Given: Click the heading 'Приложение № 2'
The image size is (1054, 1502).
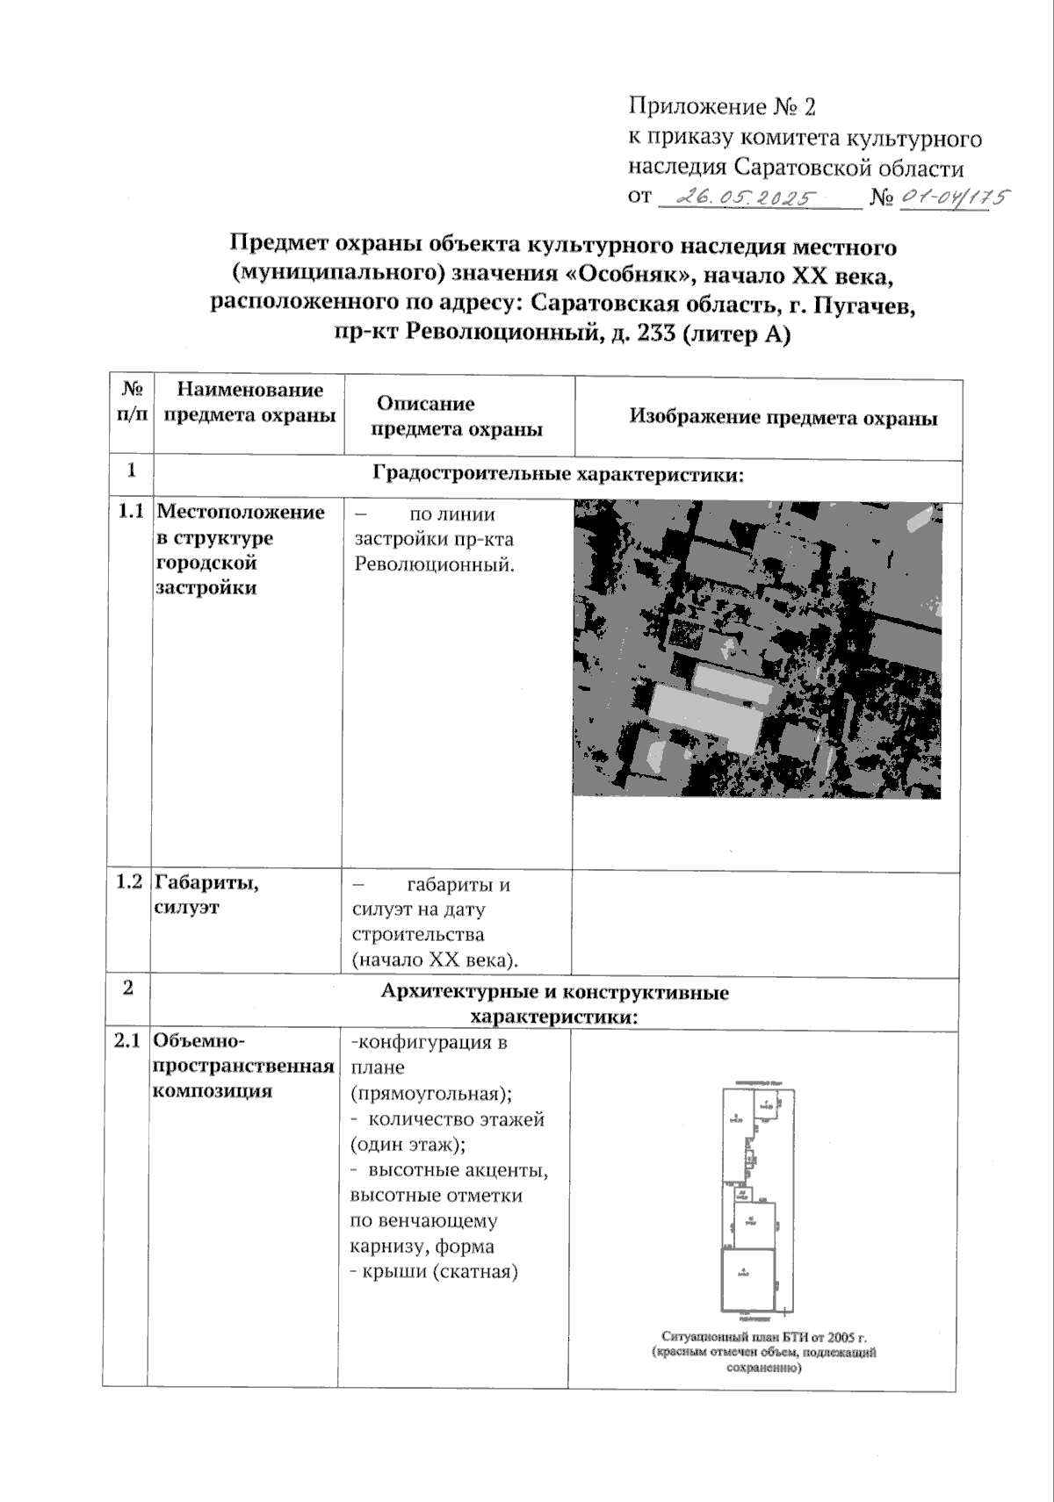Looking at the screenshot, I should [x=722, y=107].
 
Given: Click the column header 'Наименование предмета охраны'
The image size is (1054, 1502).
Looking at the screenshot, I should [x=249, y=402].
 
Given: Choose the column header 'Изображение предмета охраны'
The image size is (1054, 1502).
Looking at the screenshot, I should [x=783, y=418].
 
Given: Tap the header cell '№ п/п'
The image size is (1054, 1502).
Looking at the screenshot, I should [x=132, y=401].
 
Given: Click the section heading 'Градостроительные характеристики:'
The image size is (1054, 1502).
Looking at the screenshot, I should [x=559, y=475].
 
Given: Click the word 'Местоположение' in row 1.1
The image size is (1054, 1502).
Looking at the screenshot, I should [x=241, y=512].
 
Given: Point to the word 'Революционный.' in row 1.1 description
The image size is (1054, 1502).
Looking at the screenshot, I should [x=434, y=564].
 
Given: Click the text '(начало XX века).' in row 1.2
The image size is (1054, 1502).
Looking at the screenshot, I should [x=435, y=959].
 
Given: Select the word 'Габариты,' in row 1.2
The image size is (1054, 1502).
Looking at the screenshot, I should [x=206, y=883].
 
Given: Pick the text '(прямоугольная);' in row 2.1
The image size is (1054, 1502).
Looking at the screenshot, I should [x=430, y=1094].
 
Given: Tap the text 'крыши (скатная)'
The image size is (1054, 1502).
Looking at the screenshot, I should [x=439, y=1271].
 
